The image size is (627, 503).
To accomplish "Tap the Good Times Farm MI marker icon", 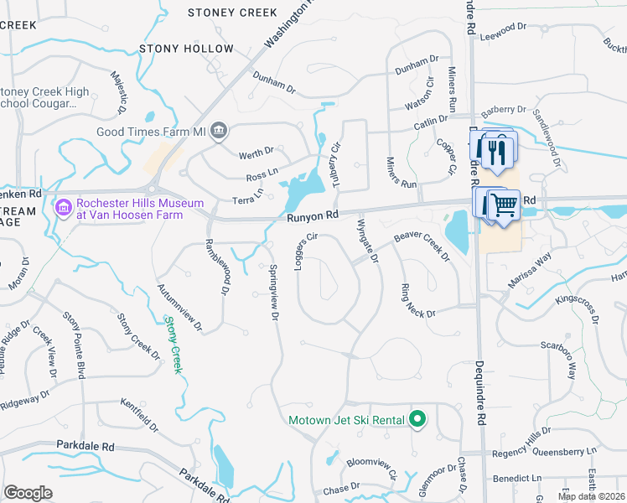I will pos(219,131).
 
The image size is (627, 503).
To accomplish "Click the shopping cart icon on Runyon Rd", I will pos(503,203).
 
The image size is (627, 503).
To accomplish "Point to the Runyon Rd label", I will pos(312,215).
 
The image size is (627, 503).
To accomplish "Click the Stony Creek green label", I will pos(174,343).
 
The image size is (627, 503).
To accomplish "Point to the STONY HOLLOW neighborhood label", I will pos(186,49).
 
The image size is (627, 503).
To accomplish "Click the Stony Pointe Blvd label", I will pos(75,341).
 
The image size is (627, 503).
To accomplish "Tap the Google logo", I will pos(28,493).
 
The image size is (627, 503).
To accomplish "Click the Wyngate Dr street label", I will pos(368,241).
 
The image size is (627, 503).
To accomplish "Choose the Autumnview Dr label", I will pos(179,306).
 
